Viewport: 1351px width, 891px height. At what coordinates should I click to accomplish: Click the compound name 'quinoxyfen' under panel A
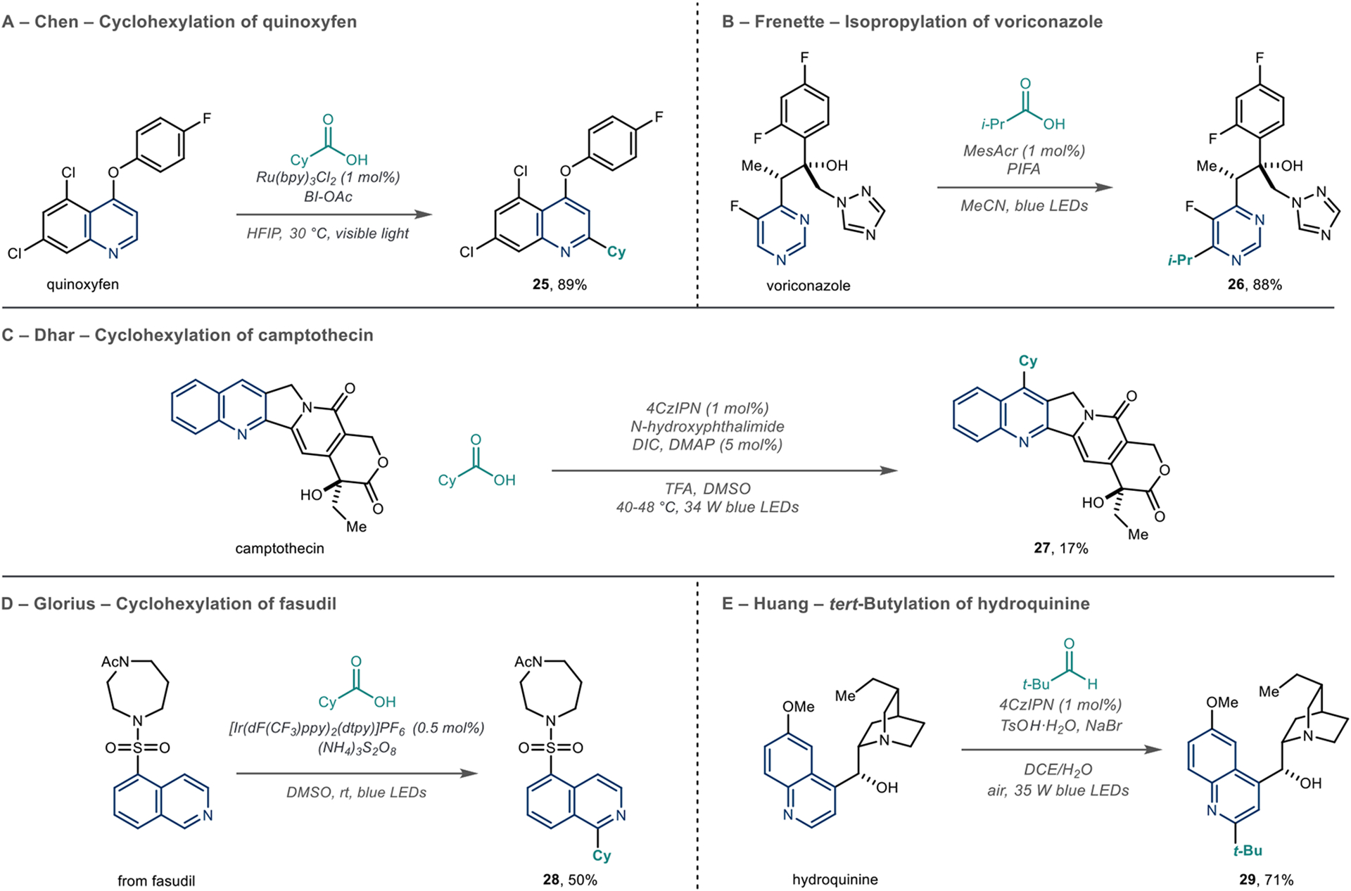click(82, 285)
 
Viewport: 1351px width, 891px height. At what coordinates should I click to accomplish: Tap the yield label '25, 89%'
click(559, 285)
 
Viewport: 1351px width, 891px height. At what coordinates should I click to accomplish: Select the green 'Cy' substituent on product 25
click(616, 252)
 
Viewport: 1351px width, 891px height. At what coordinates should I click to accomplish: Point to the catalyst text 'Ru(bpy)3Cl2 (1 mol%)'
click(328, 178)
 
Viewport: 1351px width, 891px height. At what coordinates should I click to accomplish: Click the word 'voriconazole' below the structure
click(808, 286)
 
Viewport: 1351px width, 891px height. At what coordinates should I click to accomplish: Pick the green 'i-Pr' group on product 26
click(1180, 260)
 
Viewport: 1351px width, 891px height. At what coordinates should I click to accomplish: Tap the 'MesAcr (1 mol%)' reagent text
click(1024, 150)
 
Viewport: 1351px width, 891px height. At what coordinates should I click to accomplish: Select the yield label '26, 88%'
click(1255, 285)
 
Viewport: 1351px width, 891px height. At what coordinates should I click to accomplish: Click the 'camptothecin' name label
click(279, 549)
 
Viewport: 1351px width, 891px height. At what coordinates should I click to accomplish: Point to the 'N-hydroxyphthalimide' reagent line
click(707, 426)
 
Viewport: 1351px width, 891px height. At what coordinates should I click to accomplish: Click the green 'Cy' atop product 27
click(1028, 361)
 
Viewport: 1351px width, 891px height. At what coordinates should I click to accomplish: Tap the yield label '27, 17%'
click(1060, 549)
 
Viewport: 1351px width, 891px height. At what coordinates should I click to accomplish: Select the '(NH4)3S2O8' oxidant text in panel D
click(357, 750)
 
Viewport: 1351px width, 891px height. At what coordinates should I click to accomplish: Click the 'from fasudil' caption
click(156, 880)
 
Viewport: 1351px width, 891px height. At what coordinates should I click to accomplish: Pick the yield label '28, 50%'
click(569, 880)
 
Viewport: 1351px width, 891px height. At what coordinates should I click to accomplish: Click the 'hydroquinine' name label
click(835, 880)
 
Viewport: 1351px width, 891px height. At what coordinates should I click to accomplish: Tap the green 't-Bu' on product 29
click(1248, 851)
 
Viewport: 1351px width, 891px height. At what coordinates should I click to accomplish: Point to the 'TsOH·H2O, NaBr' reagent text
click(1060, 726)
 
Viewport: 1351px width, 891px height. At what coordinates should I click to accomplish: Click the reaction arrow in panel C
click(724, 470)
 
